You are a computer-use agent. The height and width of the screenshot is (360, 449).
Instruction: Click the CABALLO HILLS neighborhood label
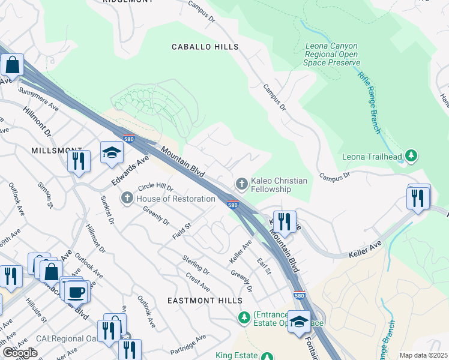[205, 47]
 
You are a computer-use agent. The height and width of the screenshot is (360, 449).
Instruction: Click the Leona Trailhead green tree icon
[411, 157]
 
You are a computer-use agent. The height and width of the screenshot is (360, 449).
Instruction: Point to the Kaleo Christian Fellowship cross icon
[241, 182]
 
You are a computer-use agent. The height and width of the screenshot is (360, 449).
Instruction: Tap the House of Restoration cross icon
[127, 198]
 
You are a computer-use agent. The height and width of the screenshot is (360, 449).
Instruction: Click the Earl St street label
[264, 266]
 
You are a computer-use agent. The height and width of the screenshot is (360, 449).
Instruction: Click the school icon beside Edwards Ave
[112, 153]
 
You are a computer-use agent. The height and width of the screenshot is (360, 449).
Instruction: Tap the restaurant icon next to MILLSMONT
[79, 161]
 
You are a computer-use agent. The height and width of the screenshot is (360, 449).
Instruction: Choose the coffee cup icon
[76, 292]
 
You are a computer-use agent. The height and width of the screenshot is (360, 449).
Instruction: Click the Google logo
[20, 353]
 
